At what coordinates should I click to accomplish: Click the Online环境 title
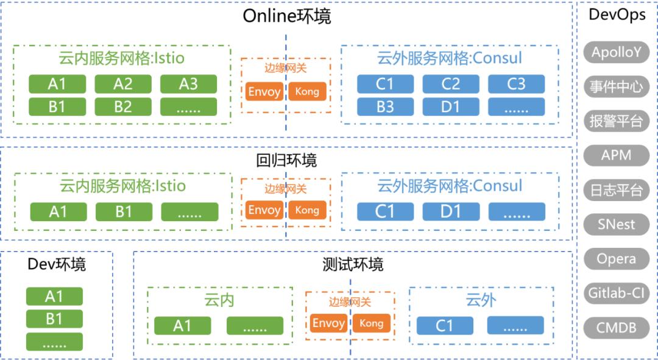coord(286,16)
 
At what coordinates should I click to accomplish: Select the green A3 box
coord(188,84)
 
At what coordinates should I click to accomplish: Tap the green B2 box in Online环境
coord(122,107)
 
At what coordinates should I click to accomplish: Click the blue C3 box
coord(516,84)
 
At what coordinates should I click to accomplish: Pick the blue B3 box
coord(385,107)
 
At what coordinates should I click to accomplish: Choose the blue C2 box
coord(450,84)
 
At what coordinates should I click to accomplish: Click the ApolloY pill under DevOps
coord(616,52)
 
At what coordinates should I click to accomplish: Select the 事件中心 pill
coord(616,86)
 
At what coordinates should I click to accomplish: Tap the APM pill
coord(616,155)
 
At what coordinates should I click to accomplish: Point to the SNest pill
coord(616,224)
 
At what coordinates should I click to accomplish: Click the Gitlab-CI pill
coord(616,293)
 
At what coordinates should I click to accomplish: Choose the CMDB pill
coord(616,328)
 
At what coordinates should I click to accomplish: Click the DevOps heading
coord(617,15)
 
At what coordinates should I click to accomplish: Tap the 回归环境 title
coord(286,161)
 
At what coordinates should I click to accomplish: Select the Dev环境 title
coord(57,264)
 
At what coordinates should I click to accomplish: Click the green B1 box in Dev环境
coord(54,319)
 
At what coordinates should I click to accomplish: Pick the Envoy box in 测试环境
coord(328,323)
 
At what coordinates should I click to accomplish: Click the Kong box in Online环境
coord(306,92)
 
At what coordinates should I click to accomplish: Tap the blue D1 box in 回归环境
coord(450,211)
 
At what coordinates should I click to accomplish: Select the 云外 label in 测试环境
coord(481,300)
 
